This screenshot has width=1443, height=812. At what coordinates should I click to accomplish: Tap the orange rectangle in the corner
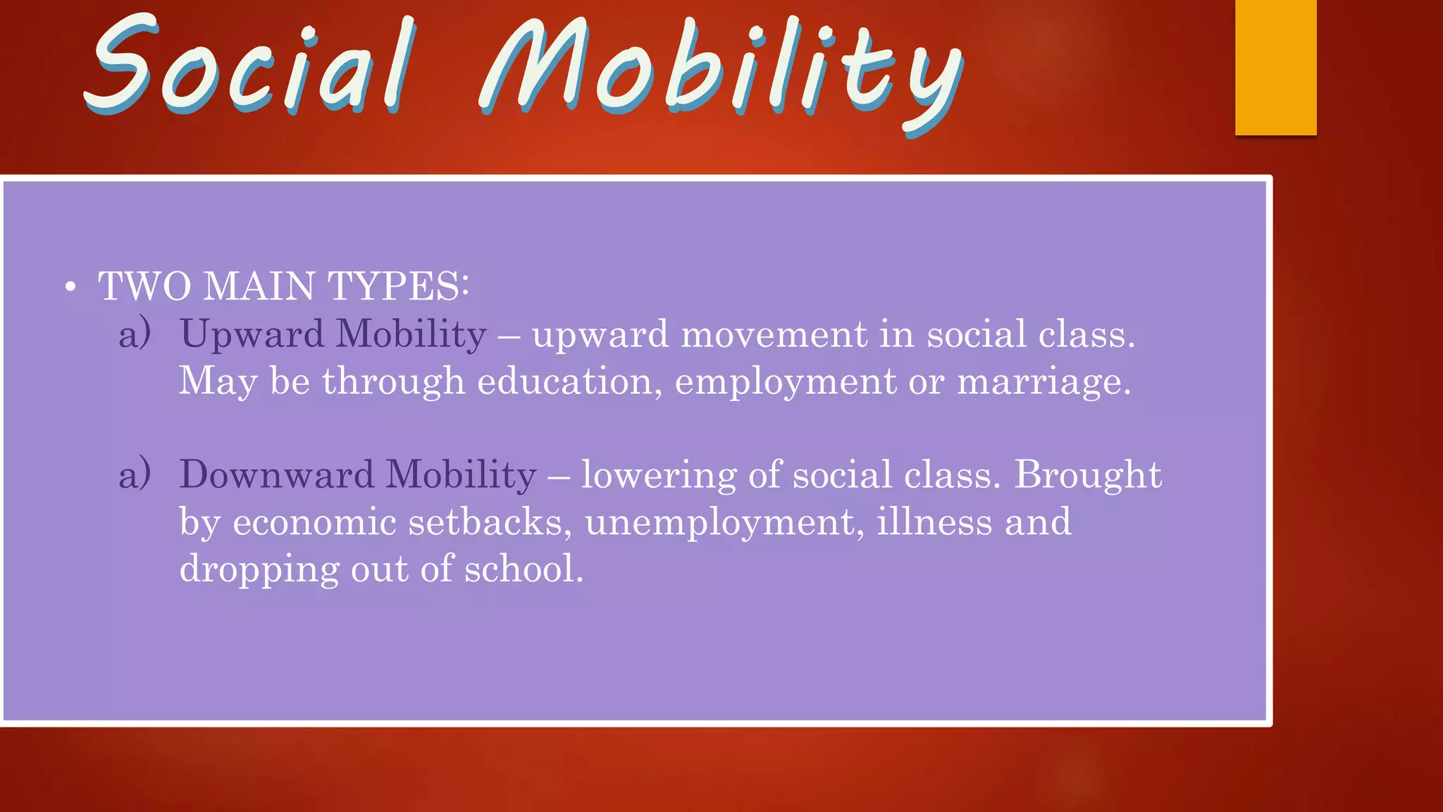tap(1275, 67)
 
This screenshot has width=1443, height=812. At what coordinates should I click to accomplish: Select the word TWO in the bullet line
tap(144, 286)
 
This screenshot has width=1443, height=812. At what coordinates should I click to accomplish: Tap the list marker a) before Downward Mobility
tap(135, 474)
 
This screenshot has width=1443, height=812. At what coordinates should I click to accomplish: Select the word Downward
tap(276, 474)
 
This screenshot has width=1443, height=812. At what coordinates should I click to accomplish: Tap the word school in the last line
tap(523, 569)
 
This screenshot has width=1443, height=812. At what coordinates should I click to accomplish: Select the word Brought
tap(1087, 474)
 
